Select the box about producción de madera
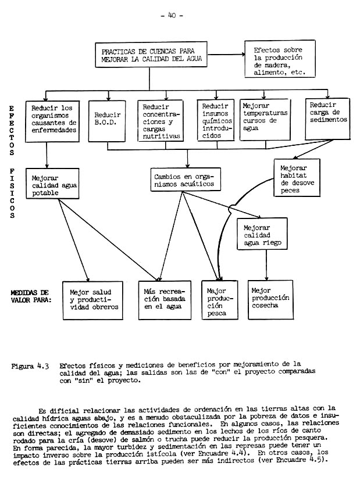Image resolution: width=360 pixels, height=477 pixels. (x=279, y=58)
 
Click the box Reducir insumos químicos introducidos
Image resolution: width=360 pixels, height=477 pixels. (x=216, y=120)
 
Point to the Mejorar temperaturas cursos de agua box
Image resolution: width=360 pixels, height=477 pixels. (x=265, y=119)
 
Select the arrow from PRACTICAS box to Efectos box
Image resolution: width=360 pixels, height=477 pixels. (x=230, y=56)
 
